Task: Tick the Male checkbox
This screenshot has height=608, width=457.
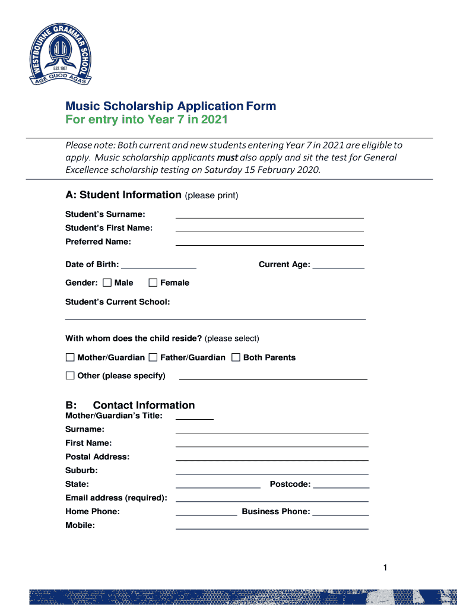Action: pos(107,283)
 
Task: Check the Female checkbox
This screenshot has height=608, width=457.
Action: pos(153,283)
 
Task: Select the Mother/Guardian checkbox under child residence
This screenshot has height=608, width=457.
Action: pos(70,357)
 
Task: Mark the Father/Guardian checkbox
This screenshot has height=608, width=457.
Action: pos(153,357)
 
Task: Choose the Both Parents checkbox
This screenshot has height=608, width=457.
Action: pos(236,357)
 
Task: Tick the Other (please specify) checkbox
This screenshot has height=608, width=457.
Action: pos(70,375)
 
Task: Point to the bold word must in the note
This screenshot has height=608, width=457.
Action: pos(227,157)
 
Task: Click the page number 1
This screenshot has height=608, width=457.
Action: pos(385,568)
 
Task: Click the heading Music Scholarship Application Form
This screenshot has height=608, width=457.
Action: pos(170,106)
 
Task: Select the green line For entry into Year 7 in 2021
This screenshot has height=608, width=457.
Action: pos(146,120)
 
